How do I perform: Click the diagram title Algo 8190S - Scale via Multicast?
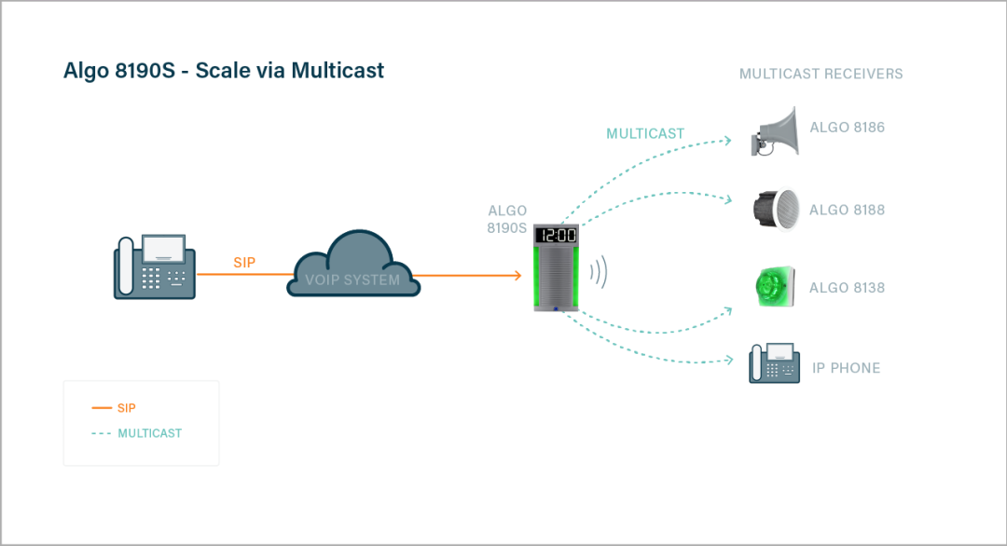click(224, 71)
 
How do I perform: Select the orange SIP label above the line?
click(244, 263)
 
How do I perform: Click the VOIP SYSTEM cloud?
click(352, 266)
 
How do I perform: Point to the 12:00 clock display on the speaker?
click(556, 236)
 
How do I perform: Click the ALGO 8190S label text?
click(507, 219)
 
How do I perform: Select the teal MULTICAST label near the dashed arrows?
click(645, 133)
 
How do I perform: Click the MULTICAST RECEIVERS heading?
click(821, 74)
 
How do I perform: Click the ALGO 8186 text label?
click(847, 128)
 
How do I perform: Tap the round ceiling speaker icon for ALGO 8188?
click(775, 209)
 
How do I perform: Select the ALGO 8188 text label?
click(847, 211)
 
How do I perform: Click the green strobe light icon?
click(773, 286)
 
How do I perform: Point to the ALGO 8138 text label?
click(847, 288)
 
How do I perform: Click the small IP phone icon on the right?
click(774, 364)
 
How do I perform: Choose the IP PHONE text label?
click(846, 368)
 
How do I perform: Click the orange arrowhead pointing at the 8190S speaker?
click(516, 275)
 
